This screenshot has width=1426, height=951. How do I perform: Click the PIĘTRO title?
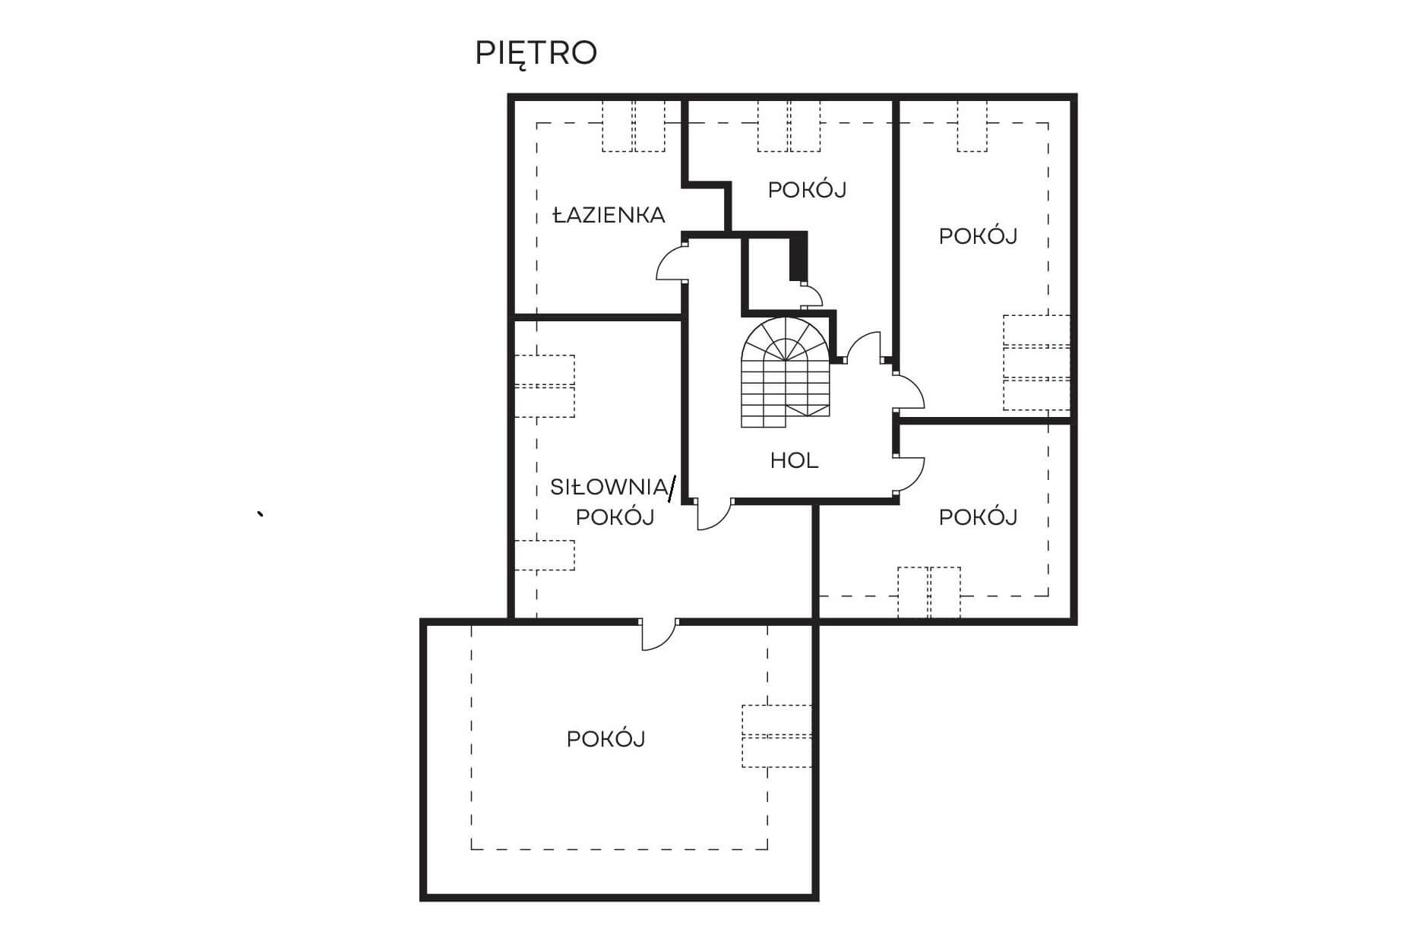pyautogui.click(x=536, y=53)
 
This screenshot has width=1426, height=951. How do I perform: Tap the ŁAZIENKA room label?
pyautogui.click(x=609, y=216)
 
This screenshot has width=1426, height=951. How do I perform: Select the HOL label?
pyautogui.click(x=794, y=460)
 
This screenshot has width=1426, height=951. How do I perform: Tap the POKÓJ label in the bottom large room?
pyautogui.click(x=605, y=739)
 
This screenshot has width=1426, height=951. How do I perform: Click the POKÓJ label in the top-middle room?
pyautogui.click(x=807, y=189)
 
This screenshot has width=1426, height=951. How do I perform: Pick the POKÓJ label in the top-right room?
pyautogui.click(x=978, y=236)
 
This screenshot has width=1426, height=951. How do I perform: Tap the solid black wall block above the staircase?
pyautogui.click(x=798, y=258)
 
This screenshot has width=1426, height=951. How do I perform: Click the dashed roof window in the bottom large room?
pyautogui.click(x=776, y=736)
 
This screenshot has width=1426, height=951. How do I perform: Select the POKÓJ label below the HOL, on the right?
pyautogui.click(x=978, y=517)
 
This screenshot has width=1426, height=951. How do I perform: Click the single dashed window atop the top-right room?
pyautogui.click(x=972, y=125)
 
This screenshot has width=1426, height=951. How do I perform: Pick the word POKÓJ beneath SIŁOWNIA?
pyautogui.click(x=615, y=517)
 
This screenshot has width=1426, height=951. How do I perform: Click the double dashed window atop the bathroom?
pyautogui.click(x=634, y=125)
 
